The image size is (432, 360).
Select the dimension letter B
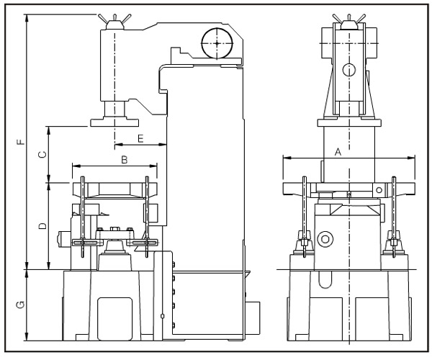[124, 160]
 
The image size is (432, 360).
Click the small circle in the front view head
[349, 70]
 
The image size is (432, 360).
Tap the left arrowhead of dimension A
[286, 158]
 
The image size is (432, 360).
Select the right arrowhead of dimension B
[154, 166]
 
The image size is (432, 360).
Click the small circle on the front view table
[379, 189]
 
